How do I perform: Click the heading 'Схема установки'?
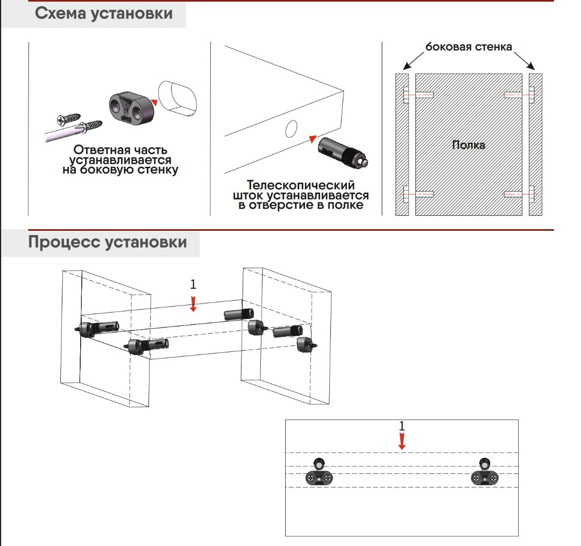[x=104, y=13]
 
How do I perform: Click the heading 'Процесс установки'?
[x=108, y=242]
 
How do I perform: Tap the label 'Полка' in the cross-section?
[x=468, y=145]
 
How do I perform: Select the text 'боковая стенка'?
[x=469, y=47]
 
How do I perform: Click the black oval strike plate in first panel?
[x=131, y=108]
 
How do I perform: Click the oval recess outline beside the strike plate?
[x=178, y=98]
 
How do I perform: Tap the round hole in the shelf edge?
[x=290, y=129]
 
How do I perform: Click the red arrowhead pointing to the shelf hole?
[x=312, y=139]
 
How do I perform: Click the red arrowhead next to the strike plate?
[x=154, y=102]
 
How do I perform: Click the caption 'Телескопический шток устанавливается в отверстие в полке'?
[x=301, y=195]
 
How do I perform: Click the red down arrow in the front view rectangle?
[x=401, y=442]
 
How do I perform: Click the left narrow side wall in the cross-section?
[x=402, y=145]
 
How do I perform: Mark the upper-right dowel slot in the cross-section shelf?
[x=513, y=95]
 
